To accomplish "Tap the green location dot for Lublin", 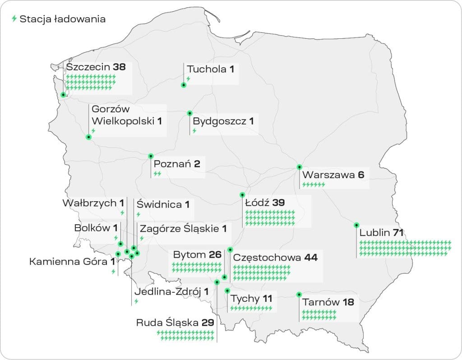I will point(356,225).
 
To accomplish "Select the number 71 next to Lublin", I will point(397,233).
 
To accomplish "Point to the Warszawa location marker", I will point(299,167).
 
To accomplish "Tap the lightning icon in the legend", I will point(14,19).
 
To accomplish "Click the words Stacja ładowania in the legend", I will point(62,19).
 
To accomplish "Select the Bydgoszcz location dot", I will point(189,113).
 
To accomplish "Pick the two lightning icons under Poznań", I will point(157,173).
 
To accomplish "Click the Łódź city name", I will point(257,203).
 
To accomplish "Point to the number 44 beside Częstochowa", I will point(310,258).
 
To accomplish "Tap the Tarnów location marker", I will point(299,295).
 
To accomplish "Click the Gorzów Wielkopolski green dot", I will point(88,137).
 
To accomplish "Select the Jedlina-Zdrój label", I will point(167,291).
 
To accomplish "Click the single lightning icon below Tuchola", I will point(188,79).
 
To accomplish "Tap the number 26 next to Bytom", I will point(215,255).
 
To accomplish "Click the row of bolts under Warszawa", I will point(314,185).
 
